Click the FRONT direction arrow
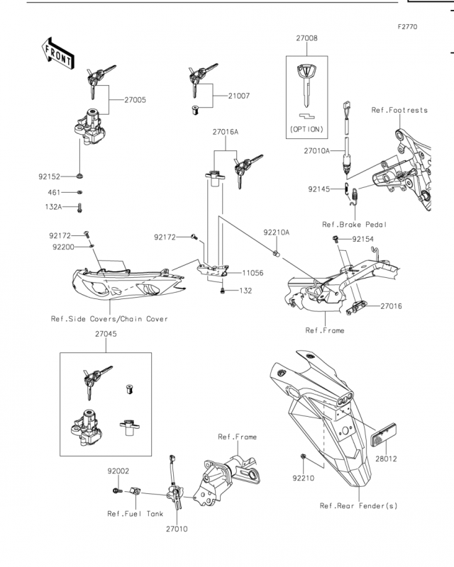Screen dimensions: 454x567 pos(57,54)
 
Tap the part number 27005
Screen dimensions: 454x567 pos(135,100)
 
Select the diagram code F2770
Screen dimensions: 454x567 pos(407,27)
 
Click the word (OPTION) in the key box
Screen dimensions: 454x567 pos(306,129)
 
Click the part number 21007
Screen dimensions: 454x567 pos(239,96)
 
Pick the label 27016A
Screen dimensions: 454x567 pos(226,132)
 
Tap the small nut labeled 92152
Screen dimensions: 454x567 pos(79,176)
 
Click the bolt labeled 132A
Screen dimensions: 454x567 pos(79,208)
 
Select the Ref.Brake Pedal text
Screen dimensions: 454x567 pos(355,225)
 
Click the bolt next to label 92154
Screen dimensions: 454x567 pos(336,239)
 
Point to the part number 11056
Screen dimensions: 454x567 pos(253,273)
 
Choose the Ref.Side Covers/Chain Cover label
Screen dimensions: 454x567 pos(109,319)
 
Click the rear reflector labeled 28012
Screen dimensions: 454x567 pos(384,435)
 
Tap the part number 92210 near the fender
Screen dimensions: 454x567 pos(304,478)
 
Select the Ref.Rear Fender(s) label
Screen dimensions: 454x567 pos(358,505)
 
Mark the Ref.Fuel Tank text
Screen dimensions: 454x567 pos(135,514)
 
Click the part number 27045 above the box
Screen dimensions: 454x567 pos(106,334)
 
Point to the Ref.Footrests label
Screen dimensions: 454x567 pos(399,111)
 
